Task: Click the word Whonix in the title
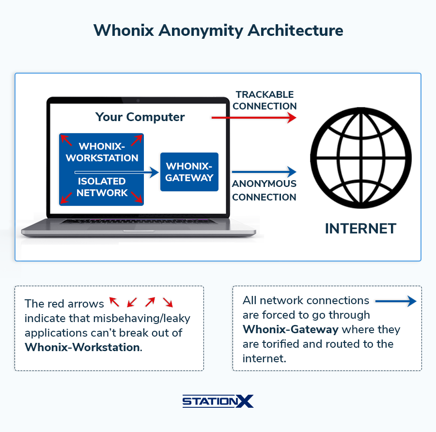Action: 124,30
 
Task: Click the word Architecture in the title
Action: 296,30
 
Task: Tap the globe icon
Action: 360,157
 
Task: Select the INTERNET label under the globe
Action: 360,229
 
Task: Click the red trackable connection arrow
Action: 253,118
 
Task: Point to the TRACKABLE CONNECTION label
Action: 265,100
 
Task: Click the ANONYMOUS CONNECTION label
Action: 264,190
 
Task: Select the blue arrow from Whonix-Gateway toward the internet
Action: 264,172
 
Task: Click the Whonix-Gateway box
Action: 189,172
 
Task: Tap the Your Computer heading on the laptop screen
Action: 140,117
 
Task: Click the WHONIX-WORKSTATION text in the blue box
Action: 102,152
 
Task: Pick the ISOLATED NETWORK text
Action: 102,187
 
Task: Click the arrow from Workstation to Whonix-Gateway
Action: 116,172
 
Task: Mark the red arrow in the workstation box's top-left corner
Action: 66,140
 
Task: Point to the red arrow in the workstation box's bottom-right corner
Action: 137,197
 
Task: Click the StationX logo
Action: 218,401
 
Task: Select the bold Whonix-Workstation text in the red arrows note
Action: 83,347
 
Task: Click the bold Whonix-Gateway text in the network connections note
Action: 291,329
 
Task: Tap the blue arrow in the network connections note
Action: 396,301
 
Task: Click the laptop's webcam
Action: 138,101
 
